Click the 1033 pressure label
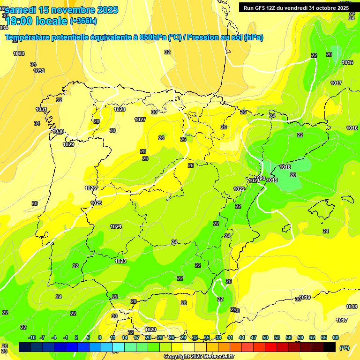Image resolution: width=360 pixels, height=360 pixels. click(19, 54)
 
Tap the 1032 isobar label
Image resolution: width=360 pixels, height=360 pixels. click(39, 71)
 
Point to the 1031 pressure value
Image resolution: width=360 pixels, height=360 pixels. click(42, 110)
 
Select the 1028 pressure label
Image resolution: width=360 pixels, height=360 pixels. click(120, 109)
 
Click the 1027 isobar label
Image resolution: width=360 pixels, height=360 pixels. click(140, 120)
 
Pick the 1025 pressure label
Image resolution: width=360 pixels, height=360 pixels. click(97, 203)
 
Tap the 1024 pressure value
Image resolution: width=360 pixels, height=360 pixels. click(116, 227)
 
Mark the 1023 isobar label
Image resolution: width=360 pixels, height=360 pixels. click(120, 261)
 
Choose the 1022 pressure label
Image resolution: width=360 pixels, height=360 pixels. click(239, 189)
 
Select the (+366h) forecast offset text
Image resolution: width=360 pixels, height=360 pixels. click(83, 21)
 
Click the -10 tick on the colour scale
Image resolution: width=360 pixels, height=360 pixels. click(32, 337)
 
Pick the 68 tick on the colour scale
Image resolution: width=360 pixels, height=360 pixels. click(336, 337)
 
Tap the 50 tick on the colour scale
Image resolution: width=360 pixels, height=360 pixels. click(265, 337)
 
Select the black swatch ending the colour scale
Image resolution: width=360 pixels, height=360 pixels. click(330, 347)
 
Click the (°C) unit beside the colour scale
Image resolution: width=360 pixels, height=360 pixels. click(344, 347)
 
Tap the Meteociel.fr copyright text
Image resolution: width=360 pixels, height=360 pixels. click(199, 356)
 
